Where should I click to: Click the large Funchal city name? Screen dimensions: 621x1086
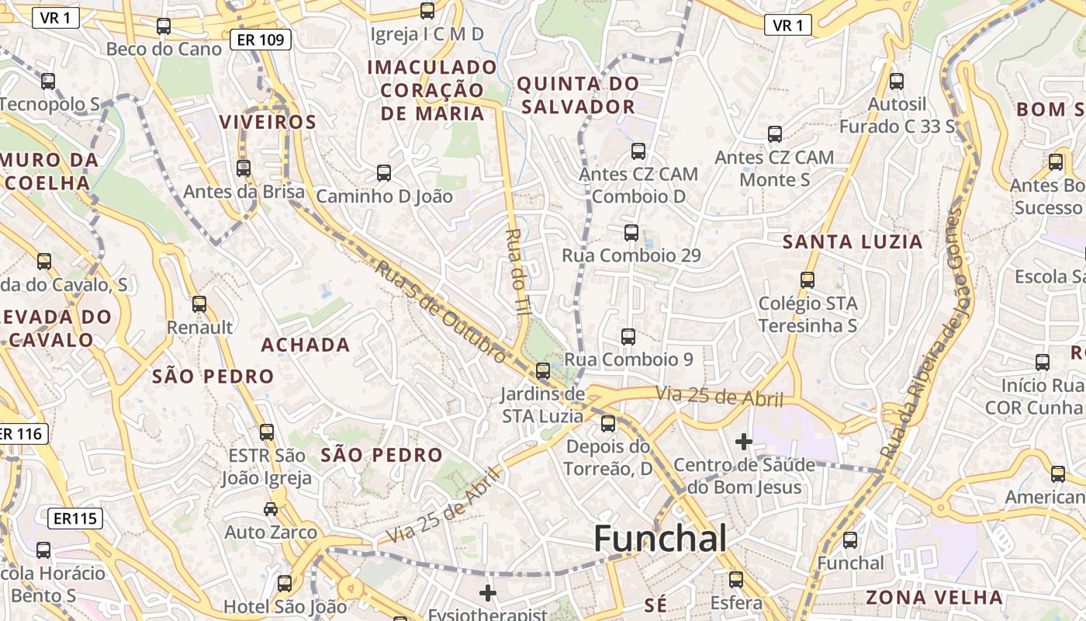pos(660,539)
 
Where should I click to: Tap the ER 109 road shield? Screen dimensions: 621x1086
pos(261,39)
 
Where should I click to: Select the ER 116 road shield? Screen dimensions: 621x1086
pos(22,434)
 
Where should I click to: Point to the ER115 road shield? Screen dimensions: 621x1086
pos(75,518)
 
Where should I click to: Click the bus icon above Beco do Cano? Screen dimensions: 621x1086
pos(164,26)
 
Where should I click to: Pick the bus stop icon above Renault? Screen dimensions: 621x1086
pos(199,304)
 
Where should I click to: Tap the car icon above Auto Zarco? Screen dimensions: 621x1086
pos(271,509)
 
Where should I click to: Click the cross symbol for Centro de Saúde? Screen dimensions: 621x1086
pos(744,442)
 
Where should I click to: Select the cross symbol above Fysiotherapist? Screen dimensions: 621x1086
pos(488,594)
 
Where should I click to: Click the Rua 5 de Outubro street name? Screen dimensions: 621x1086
pos(441,311)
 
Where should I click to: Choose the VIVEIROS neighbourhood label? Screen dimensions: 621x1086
pos(268,122)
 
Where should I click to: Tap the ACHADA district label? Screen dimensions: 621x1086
pos(306,345)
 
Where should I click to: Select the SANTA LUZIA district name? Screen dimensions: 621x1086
pos(853,242)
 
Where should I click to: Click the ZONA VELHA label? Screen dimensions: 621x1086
pos(934,598)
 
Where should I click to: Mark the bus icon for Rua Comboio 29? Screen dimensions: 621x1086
pos(631,232)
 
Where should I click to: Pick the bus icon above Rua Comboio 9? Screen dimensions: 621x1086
pos(628,337)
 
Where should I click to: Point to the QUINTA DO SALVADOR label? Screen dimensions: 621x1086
pos(578,95)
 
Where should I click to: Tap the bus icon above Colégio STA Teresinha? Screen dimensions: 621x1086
pos(808,280)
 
